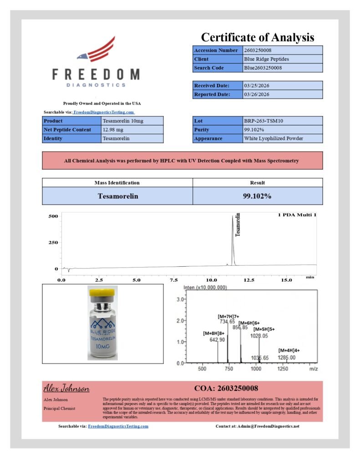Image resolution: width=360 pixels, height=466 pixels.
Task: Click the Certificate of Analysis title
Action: tap(258, 37)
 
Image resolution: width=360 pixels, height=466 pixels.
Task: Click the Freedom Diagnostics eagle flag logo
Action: tap(96, 50)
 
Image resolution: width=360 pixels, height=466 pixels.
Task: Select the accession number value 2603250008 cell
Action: tap(283, 50)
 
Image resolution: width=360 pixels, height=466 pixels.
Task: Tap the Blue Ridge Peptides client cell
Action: tap(283, 59)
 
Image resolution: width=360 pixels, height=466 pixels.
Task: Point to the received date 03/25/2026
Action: tap(283, 86)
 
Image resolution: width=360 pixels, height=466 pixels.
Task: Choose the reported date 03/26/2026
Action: tap(283, 95)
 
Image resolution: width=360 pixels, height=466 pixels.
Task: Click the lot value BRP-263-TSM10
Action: tap(283, 121)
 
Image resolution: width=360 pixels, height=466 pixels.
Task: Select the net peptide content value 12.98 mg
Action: tap(132, 130)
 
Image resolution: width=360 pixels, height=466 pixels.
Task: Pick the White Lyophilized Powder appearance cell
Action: tap(283, 138)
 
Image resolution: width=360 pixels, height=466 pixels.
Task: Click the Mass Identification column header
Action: tap(117, 182)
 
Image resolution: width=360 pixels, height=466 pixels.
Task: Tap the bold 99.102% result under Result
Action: tap(257, 196)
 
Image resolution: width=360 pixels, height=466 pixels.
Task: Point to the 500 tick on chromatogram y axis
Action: tap(53, 216)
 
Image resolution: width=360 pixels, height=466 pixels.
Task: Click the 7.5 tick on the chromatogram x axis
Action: tap(174, 280)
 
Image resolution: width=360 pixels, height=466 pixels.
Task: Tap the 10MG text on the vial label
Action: tap(102, 347)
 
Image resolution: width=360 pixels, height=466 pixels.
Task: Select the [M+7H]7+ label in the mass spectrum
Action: tap(228, 316)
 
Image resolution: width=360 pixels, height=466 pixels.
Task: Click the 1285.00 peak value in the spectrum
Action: tap(287, 358)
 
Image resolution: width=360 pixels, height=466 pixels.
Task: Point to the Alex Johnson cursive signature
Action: tap(66, 389)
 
